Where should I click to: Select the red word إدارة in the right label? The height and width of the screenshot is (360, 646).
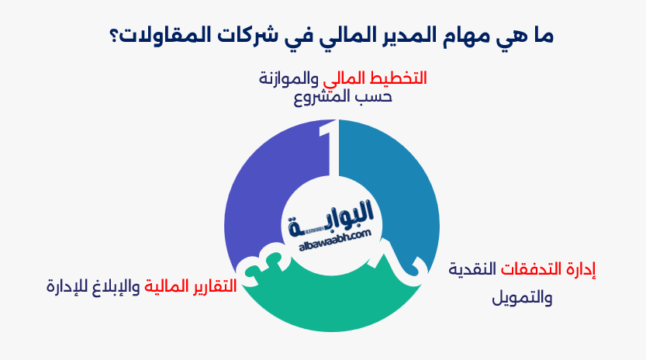click(582, 270)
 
